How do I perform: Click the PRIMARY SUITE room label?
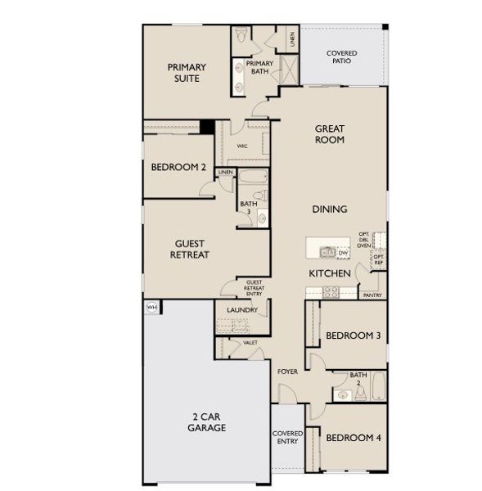click(187, 73)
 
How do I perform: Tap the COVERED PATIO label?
click(341, 59)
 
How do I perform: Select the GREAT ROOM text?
click(330, 134)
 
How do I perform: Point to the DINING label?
click(329, 209)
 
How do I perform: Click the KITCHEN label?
click(330, 273)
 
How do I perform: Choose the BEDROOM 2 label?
click(178, 167)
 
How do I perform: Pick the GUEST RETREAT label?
click(190, 249)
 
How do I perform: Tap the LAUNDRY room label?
click(243, 310)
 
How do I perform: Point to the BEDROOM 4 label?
click(353, 438)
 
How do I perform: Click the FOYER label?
click(286, 372)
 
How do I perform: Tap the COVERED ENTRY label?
click(287, 437)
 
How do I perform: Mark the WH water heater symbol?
click(151, 307)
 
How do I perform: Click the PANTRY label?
click(372, 295)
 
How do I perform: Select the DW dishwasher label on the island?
click(344, 253)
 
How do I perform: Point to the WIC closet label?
click(242, 146)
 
